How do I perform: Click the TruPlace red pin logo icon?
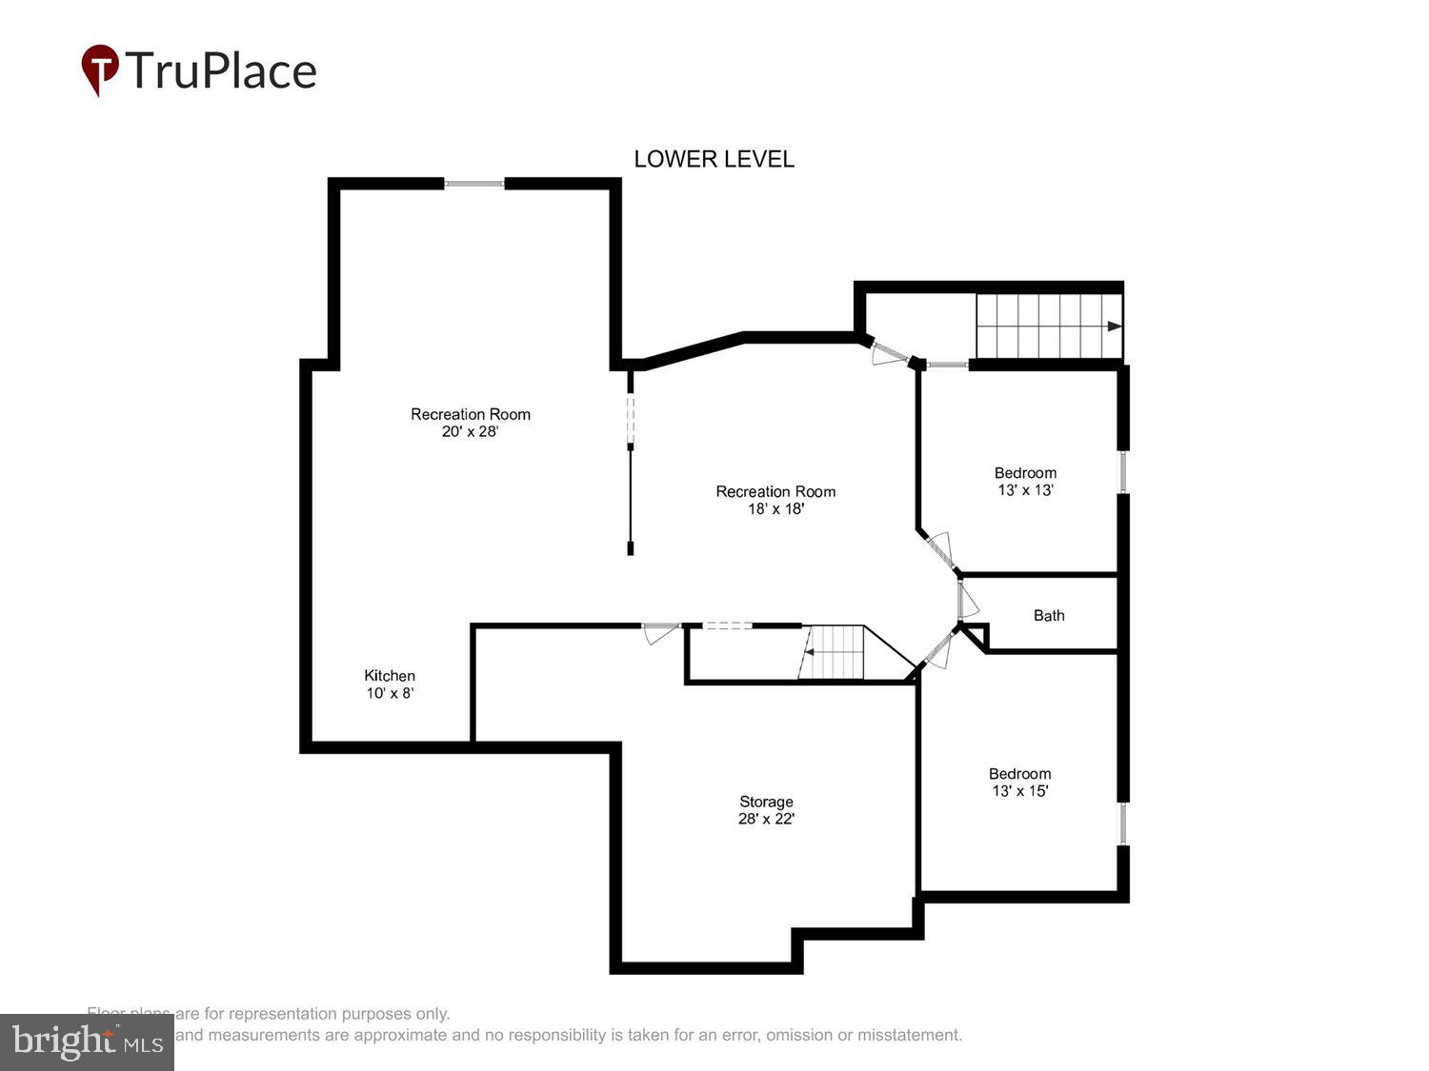(100, 69)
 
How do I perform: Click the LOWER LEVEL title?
(714, 159)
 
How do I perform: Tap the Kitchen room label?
(390, 676)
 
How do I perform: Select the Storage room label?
(766, 802)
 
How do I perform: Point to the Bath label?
(1049, 616)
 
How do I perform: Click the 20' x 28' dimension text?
(470, 431)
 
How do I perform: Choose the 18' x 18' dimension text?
(775, 509)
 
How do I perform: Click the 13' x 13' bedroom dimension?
(1025, 490)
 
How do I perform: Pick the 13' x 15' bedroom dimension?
(1019, 791)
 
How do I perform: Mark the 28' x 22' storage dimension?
(766, 819)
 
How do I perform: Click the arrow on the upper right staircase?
(1113, 327)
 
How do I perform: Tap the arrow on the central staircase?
(807, 652)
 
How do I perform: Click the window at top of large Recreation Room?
(474, 184)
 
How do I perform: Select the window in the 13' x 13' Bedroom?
(1123, 471)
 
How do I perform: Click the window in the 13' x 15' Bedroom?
(1123, 823)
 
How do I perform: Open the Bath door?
(966, 600)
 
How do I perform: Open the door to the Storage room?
(660, 631)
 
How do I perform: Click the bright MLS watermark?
(87, 1042)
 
